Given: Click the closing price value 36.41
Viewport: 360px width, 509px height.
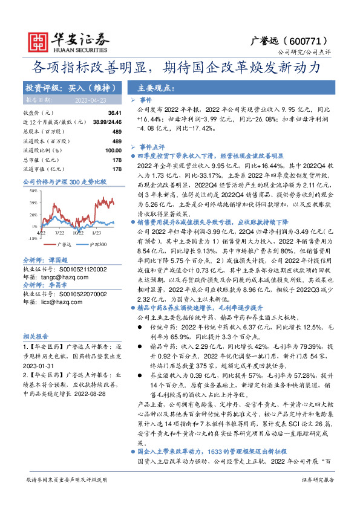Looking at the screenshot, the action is click(x=114, y=113).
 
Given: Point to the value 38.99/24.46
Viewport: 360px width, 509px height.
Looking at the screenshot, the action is click(x=109, y=122).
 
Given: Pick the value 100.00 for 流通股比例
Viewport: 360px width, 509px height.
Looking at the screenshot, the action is click(x=113, y=150).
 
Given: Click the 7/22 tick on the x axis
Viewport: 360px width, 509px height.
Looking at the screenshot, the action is click(x=60, y=232).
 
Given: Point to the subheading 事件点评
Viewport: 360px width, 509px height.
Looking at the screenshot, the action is click(x=152, y=147).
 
